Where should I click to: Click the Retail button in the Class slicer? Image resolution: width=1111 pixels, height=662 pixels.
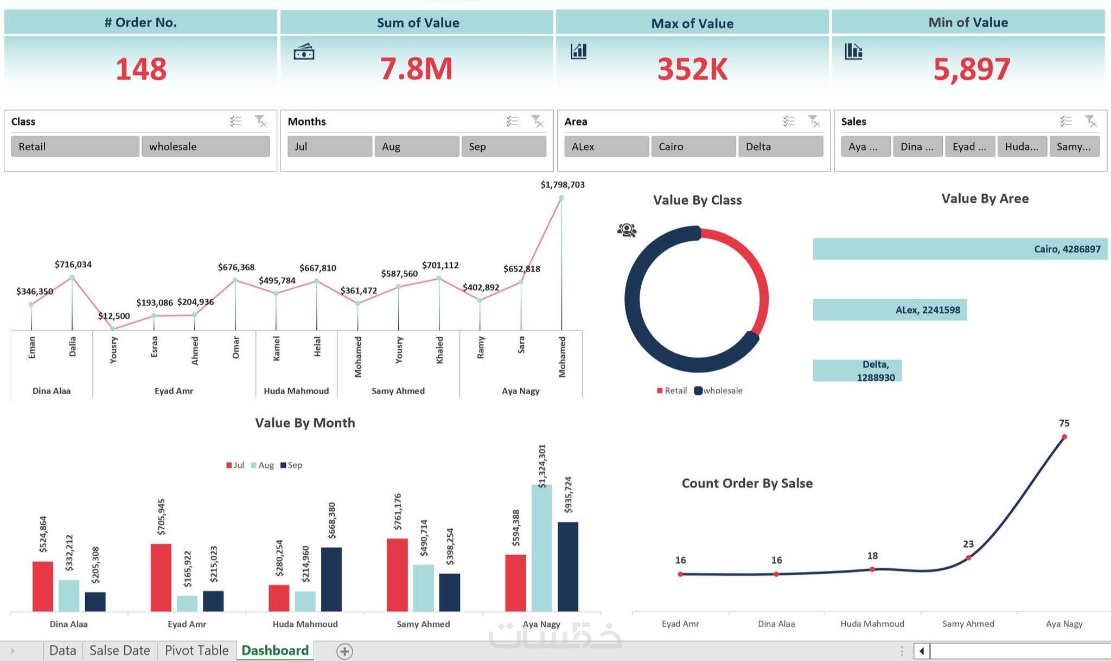(x=75, y=146)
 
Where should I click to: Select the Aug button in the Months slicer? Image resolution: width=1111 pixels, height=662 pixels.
(x=416, y=146)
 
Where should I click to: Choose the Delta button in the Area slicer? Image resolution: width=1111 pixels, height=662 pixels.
(x=780, y=146)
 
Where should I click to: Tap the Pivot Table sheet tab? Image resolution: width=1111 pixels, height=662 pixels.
(x=196, y=650)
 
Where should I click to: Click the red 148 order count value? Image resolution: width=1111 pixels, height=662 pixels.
(x=141, y=69)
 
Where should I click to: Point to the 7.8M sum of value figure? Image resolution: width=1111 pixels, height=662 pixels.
(x=416, y=69)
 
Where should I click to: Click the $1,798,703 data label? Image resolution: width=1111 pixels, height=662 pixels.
(x=563, y=185)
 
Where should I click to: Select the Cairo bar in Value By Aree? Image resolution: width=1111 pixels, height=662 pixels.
(x=959, y=249)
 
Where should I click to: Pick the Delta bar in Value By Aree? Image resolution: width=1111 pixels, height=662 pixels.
(x=857, y=371)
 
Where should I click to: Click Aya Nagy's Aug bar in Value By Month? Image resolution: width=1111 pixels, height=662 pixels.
(x=541, y=548)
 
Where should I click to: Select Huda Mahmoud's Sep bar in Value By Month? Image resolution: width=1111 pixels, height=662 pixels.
(x=331, y=579)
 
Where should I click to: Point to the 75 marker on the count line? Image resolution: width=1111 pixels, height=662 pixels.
(x=1064, y=436)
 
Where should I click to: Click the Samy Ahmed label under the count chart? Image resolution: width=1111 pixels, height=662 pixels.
(x=968, y=624)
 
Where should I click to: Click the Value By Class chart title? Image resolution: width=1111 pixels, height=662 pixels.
(x=697, y=200)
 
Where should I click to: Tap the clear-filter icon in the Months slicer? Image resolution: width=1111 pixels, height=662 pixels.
(x=537, y=121)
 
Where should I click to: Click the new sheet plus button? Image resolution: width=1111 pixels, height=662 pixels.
(x=344, y=651)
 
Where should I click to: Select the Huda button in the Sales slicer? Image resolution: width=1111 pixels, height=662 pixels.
(x=1021, y=146)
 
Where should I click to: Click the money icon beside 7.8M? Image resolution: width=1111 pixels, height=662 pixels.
(x=304, y=52)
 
